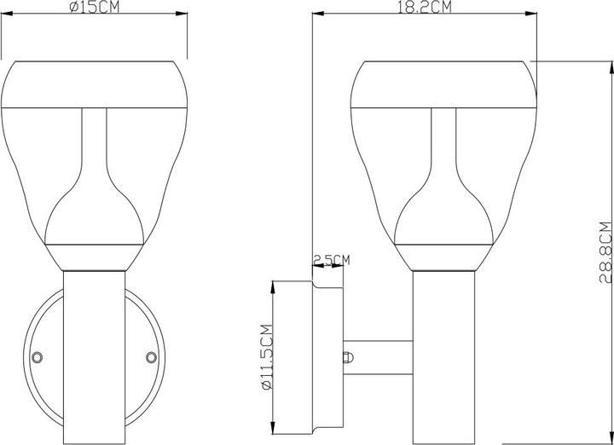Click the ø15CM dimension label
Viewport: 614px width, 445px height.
93,7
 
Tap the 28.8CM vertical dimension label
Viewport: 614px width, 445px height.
605,251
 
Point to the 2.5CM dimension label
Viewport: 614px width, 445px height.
332,259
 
